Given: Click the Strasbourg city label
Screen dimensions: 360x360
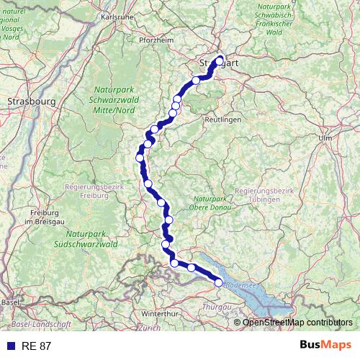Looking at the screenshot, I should point(31,102).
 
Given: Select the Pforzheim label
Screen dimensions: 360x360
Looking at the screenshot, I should point(156,40).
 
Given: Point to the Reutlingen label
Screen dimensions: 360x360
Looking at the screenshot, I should point(222,119).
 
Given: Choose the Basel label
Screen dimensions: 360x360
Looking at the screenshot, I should point(10,302).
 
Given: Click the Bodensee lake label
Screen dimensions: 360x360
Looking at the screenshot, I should point(240,285).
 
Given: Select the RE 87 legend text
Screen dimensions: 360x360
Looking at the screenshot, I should point(36,346).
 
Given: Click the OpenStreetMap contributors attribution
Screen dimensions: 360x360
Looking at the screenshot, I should point(297,323).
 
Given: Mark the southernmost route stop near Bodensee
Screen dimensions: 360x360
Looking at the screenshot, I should point(219,283).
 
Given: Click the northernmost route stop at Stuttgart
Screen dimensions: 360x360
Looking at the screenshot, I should point(220,60).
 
